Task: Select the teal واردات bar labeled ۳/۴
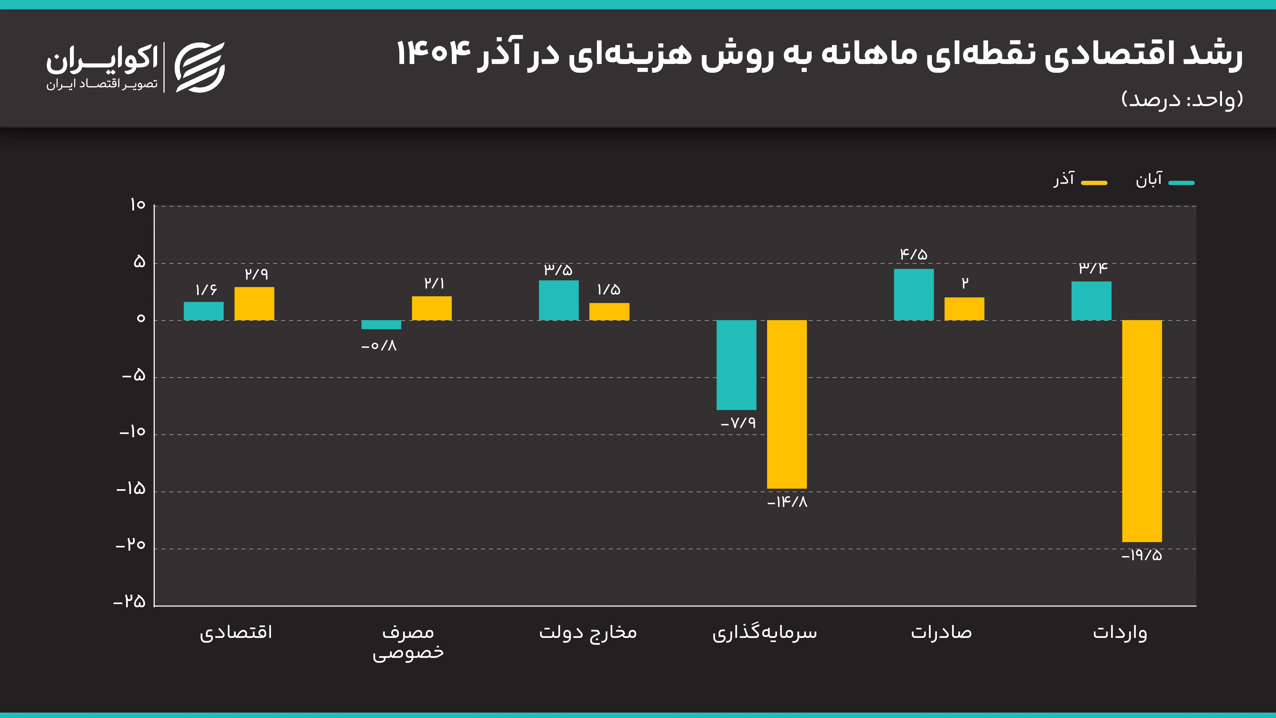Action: click(x=1091, y=301)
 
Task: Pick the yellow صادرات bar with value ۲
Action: click(x=964, y=309)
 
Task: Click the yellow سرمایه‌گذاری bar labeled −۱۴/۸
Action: click(x=787, y=404)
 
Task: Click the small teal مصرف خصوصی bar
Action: click(x=381, y=325)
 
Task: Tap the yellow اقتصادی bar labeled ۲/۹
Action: click(x=254, y=303)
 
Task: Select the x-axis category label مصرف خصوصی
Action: click(x=408, y=642)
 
